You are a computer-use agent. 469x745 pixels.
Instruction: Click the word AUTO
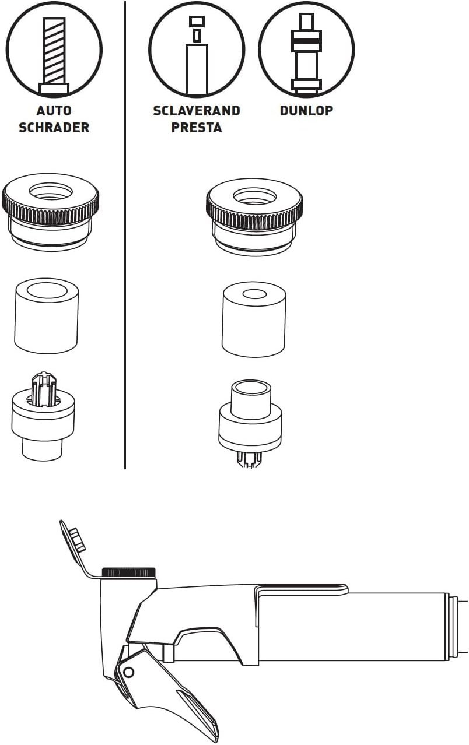(54, 111)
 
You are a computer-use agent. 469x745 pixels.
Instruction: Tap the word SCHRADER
(54, 128)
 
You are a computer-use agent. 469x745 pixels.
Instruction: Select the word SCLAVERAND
(197, 111)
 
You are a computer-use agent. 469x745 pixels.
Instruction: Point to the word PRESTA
(197, 128)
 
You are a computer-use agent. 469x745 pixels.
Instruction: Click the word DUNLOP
(306, 111)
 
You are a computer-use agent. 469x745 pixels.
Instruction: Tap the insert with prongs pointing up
(43, 416)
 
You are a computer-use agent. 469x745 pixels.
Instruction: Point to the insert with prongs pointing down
(250, 426)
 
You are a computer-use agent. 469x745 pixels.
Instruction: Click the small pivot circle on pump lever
(128, 672)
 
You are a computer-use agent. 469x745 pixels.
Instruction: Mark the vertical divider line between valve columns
(125, 235)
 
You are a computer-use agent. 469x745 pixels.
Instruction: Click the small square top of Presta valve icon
(197, 22)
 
